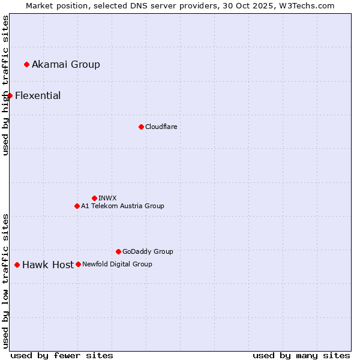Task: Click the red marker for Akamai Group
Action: [26, 64]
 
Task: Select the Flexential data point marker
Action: [10, 95]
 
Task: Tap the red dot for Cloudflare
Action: [141, 127]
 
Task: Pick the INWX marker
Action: [94, 198]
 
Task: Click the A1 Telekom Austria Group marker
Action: [77, 206]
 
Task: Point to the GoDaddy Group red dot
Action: [118, 251]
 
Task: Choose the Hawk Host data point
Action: [17, 265]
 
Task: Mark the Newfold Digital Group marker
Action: [78, 264]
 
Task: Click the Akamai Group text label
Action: [66, 64]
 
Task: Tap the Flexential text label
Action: [38, 95]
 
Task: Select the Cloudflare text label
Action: [161, 127]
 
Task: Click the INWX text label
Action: [107, 198]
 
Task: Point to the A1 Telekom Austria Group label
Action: [122, 206]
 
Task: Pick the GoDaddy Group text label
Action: [148, 251]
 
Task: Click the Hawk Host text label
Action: [48, 265]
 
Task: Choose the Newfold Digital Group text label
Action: [117, 264]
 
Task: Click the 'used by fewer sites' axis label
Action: [62, 355]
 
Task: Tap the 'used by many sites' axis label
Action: [301, 355]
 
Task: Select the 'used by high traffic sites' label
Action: [5, 85]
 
